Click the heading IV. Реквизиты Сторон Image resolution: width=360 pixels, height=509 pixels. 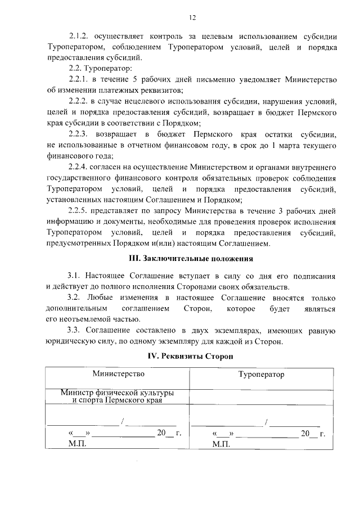[190, 355]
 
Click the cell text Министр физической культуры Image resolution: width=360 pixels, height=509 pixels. [118, 392]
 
